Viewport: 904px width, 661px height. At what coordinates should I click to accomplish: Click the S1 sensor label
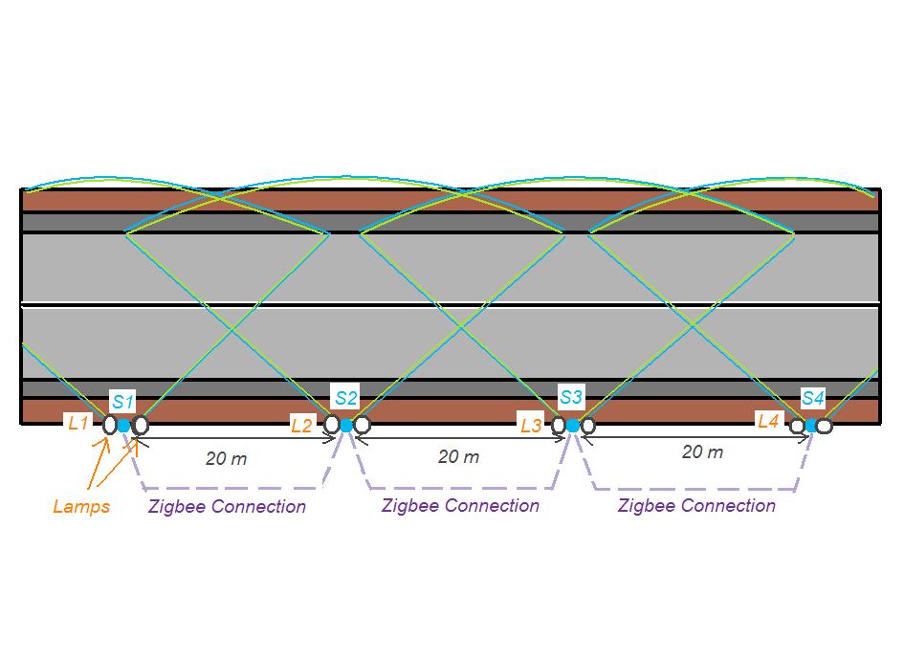coord(124,401)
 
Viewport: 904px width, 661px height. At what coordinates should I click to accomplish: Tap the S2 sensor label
coord(346,397)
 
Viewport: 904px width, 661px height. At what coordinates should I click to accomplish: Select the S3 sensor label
coord(571,396)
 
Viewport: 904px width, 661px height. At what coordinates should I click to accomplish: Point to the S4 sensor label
coord(813,397)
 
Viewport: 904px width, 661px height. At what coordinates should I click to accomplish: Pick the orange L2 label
coord(301,426)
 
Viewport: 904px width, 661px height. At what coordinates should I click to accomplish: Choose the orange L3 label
coord(532,424)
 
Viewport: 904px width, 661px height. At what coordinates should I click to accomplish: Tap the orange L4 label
coord(769,420)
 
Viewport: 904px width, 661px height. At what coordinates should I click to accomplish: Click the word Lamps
coord(81,506)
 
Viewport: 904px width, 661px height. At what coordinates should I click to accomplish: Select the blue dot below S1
coord(124,425)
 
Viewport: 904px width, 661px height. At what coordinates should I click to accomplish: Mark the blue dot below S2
coord(346,425)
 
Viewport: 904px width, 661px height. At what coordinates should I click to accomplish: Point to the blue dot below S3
coord(573,425)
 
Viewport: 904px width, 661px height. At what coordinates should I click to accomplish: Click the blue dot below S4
coord(810,426)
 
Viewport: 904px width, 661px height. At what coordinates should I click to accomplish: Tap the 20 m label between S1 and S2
coord(227,458)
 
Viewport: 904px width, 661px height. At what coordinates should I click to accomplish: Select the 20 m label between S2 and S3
coord(459,456)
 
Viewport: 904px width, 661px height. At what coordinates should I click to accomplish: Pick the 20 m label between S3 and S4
coord(702,452)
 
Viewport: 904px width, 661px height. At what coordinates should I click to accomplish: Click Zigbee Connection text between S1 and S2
coord(227,506)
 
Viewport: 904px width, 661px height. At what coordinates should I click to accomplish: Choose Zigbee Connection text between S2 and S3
coord(460,505)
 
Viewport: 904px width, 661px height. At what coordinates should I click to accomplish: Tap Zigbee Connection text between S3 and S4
coord(696,505)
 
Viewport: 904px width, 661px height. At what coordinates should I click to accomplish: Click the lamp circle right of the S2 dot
coord(362,425)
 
